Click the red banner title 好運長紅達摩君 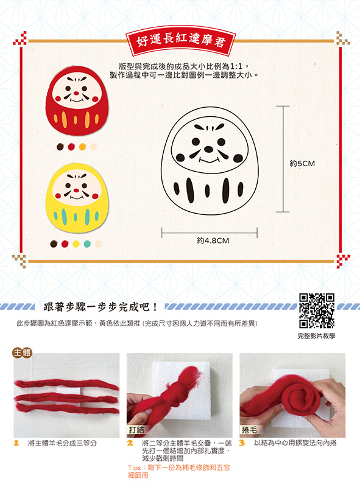181,41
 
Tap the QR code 317,310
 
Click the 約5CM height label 302,164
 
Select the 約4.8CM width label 213,240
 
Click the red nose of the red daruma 76,93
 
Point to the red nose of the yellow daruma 76,191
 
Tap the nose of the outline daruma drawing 208,149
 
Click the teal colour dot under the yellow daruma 87,244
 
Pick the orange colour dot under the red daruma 82,147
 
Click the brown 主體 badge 22,353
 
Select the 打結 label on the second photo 136,430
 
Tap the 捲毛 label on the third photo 249,430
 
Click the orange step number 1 16,443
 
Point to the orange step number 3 242,443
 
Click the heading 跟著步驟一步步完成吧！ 101,307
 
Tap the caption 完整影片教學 317,336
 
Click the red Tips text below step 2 178,471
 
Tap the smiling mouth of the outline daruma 209,160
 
